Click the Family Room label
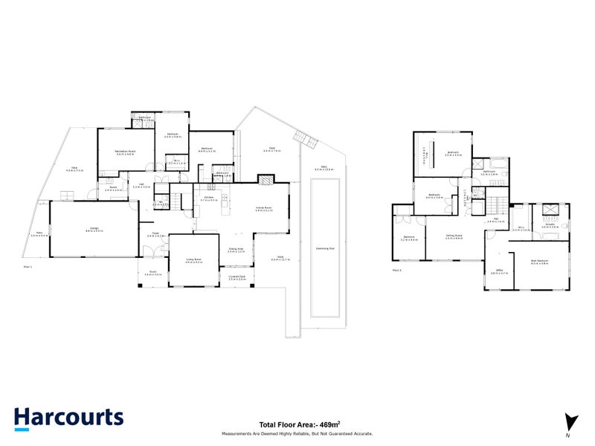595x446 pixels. [264, 207]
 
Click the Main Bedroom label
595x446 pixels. [540, 261]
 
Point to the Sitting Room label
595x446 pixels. [453, 235]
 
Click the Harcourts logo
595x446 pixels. [68, 418]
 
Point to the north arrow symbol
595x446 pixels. [568, 421]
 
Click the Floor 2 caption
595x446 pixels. [396, 271]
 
